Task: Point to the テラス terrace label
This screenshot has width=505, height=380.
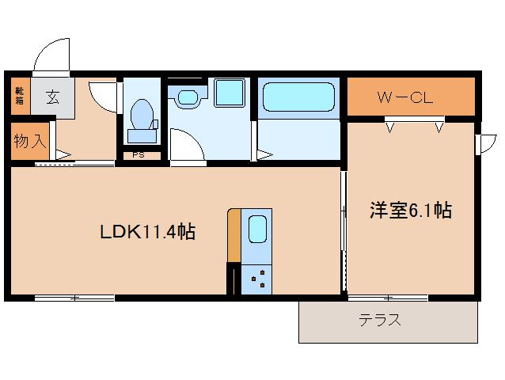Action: (x=379, y=321)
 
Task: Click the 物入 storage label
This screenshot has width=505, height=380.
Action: (x=28, y=142)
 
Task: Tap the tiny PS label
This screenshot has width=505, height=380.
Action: (x=138, y=155)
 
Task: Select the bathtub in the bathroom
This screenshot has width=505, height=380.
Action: (x=298, y=98)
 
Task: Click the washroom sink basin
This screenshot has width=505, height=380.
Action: (x=188, y=98)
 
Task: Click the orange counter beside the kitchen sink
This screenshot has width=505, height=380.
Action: (x=234, y=235)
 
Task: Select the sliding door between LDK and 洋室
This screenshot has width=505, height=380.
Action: (x=344, y=230)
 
